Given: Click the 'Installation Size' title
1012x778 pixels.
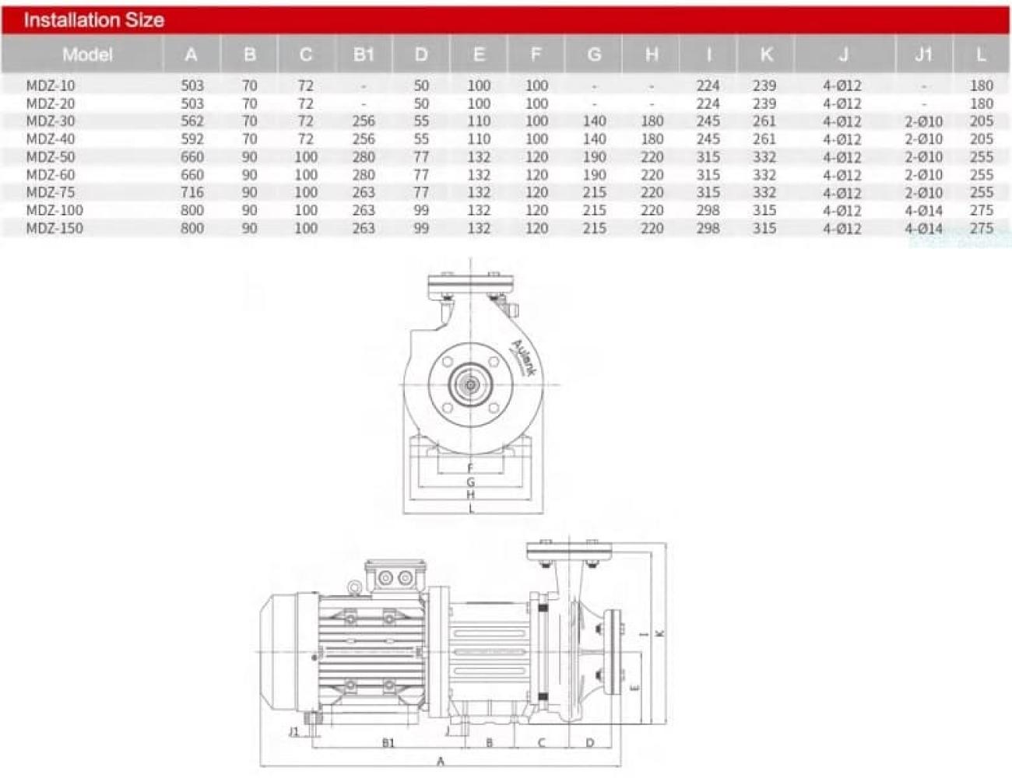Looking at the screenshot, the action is pos(94,20).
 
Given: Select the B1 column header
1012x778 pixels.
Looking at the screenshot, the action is pos(364,54).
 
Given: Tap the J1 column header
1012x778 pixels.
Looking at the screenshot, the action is pos(923,54).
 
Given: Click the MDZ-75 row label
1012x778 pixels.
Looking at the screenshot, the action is pos(51,192).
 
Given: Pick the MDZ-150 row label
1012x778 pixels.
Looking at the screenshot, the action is pos(54,228).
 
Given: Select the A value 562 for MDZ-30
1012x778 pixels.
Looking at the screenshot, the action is pos(192,121).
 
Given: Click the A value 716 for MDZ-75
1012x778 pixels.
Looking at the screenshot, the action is pos(192,192).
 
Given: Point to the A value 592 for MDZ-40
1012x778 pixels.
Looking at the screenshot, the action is pos(192,138).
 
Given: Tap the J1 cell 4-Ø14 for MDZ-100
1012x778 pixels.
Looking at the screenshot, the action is pos(923,210).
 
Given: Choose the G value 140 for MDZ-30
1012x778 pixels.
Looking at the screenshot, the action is pos(594,121).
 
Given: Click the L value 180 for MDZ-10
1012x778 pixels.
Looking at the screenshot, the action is pos(982,86).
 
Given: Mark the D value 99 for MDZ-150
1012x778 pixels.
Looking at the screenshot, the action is pos(421,228).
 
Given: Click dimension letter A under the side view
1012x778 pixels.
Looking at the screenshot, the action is pos(440,761).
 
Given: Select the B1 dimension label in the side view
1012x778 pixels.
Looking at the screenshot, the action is pos(388,743).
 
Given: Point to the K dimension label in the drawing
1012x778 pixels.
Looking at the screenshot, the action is pos(660,633).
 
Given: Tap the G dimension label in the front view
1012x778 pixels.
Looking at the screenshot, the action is pos(471,482).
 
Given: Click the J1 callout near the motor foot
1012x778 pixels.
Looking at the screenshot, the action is pos(293,732).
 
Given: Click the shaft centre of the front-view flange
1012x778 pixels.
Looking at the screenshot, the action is pos(470,385).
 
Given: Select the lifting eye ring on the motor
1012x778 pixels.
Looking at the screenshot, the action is pos(354,588).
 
